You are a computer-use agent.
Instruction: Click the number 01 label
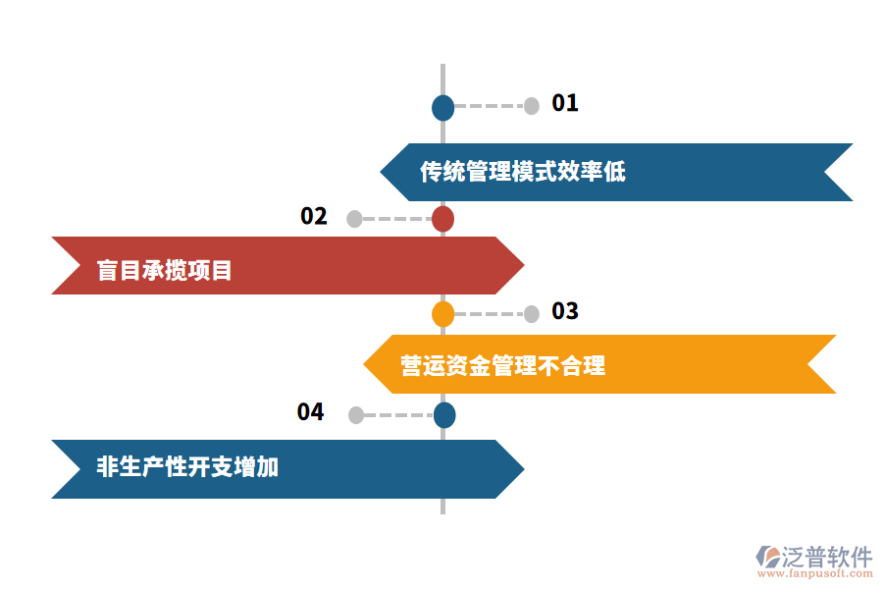coord(565,103)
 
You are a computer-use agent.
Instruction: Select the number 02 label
coord(314,217)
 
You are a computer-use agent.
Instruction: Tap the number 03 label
coord(565,312)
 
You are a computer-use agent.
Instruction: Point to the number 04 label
coord(310,412)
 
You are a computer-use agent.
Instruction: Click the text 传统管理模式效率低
coord(523,173)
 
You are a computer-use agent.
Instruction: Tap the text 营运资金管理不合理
coord(503,366)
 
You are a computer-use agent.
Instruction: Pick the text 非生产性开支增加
coord(187,467)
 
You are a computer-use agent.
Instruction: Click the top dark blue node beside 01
coord(443,107)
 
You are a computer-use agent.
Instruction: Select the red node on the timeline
coord(443,219)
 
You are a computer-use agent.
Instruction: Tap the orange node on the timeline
coord(443,314)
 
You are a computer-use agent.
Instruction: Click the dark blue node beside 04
coord(444,415)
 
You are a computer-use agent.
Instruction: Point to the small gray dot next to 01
coord(532,106)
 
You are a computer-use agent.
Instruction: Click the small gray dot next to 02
coord(354,219)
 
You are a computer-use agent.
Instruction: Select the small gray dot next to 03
coord(532,314)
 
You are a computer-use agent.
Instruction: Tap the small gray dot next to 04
coord(355,415)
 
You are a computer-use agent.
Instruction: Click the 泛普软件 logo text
coord(826,558)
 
